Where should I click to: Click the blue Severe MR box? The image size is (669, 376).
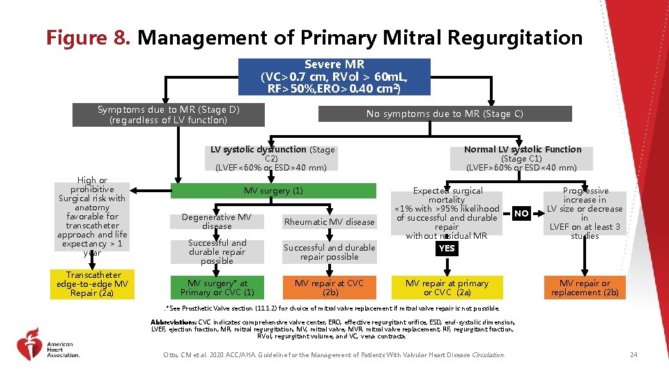[334, 77]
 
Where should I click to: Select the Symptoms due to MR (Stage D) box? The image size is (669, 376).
[171, 115]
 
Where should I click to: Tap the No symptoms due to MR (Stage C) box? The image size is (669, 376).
[445, 113]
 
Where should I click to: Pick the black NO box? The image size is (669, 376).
[521, 214]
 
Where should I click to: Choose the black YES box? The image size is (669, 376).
[447, 248]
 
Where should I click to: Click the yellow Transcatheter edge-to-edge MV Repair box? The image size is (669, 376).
[93, 284]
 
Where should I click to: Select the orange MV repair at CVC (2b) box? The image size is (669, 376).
[328, 288]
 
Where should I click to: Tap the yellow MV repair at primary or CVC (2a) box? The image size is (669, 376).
[447, 288]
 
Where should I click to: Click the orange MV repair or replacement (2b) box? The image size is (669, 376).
[584, 288]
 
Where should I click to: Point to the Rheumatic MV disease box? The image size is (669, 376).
[328, 222]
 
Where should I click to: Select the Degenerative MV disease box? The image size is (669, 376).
[217, 222]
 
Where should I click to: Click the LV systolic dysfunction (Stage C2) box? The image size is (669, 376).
[272, 159]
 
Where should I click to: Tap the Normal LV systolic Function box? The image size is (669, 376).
[522, 159]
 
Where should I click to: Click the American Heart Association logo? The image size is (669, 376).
[49, 345]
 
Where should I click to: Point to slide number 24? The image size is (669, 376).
[633, 355]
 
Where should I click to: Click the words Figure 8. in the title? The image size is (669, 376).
[89, 37]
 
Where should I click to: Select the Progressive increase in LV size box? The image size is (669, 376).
[585, 213]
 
